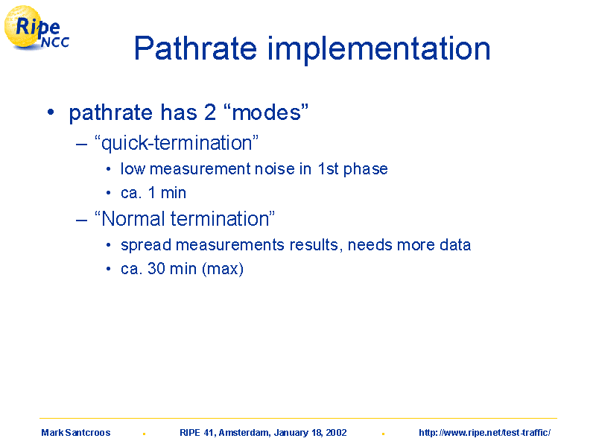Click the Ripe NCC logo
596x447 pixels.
click(x=37, y=28)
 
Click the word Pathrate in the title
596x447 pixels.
click(x=196, y=48)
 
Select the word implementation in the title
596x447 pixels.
click(x=379, y=50)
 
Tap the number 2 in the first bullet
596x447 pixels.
click(x=210, y=112)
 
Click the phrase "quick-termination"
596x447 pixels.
click(x=177, y=143)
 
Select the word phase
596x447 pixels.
click(x=366, y=170)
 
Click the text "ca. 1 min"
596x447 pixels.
click(x=153, y=193)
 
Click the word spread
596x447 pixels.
click(x=146, y=246)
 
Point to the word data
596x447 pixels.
click(x=455, y=245)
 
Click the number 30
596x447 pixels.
click(x=156, y=269)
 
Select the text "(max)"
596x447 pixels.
click(x=223, y=269)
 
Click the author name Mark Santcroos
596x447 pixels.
click(x=76, y=433)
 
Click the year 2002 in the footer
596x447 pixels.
click(x=336, y=433)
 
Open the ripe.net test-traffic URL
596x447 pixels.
click(x=485, y=433)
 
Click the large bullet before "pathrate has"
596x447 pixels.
click(x=51, y=112)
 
